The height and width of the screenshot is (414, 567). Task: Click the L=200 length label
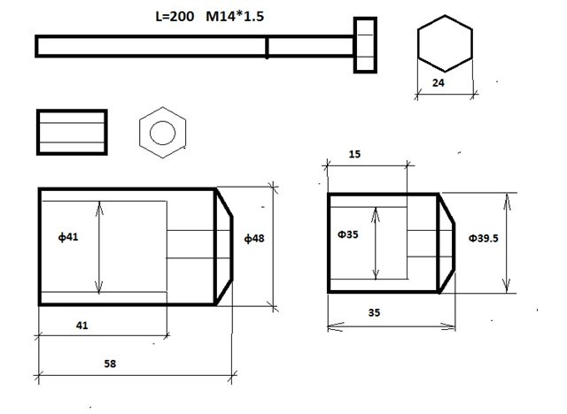pos(175,16)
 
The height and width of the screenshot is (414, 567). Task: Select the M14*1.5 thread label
pos(235,16)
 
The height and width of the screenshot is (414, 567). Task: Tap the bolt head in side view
pos(365,45)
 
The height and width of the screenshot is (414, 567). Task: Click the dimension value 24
pos(439,82)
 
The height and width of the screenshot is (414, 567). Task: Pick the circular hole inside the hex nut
pos(162,133)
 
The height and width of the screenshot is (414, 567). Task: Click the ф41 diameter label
pos(68,237)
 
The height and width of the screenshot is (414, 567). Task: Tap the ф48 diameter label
pos(254,238)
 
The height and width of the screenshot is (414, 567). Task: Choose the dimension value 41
pos(82,326)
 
